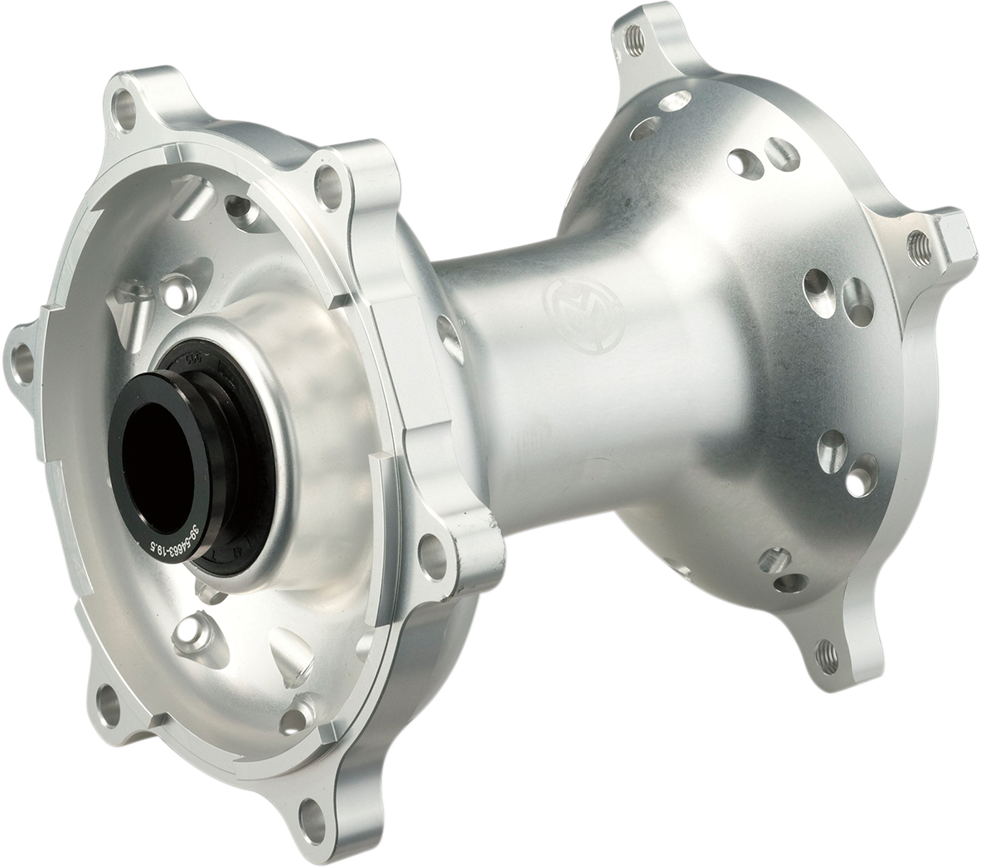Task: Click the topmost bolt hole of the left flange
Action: coord(123,104)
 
